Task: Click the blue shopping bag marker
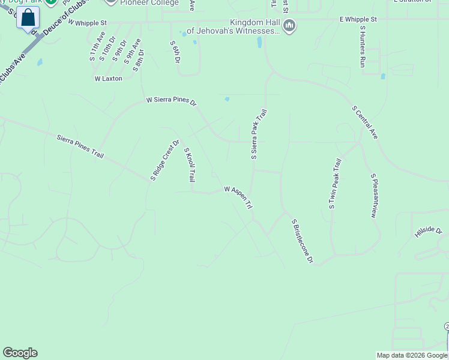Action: pyautogui.click(x=28, y=18)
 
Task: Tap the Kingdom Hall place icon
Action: pyautogui.click(x=289, y=26)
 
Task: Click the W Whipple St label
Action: pyautogui.click(x=87, y=22)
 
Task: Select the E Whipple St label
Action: pyautogui.click(x=358, y=19)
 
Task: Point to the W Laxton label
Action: pyautogui.click(x=108, y=79)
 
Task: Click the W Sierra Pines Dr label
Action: pyautogui.click(x=171, y=101)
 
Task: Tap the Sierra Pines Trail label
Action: pyautogui.click(x=80, y=146)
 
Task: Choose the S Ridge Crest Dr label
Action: pyautogui.click(x=165, y=160)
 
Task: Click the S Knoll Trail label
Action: pyautogui.click(x=190, y=165)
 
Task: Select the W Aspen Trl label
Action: pyautogui.click(x=238, y=197)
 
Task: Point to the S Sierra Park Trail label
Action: pyautogui.click(x=258, y=133)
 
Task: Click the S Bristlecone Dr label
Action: pyautogui.click(x=303, y=241)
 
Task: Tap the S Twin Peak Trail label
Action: pyautogui.click(x=335, y=184)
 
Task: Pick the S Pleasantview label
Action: pyautogui.click(x=374, y=196)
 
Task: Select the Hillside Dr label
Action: pyautogui.click(x=428, y=232)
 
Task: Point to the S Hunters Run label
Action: pyautogui.click(x=362, y=46)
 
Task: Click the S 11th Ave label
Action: pyautogui.click(x=93, y=52)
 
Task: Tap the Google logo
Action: pyautogui.click(x=20, y=353)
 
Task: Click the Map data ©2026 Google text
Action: pyautogui.click(x=412, y=355)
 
